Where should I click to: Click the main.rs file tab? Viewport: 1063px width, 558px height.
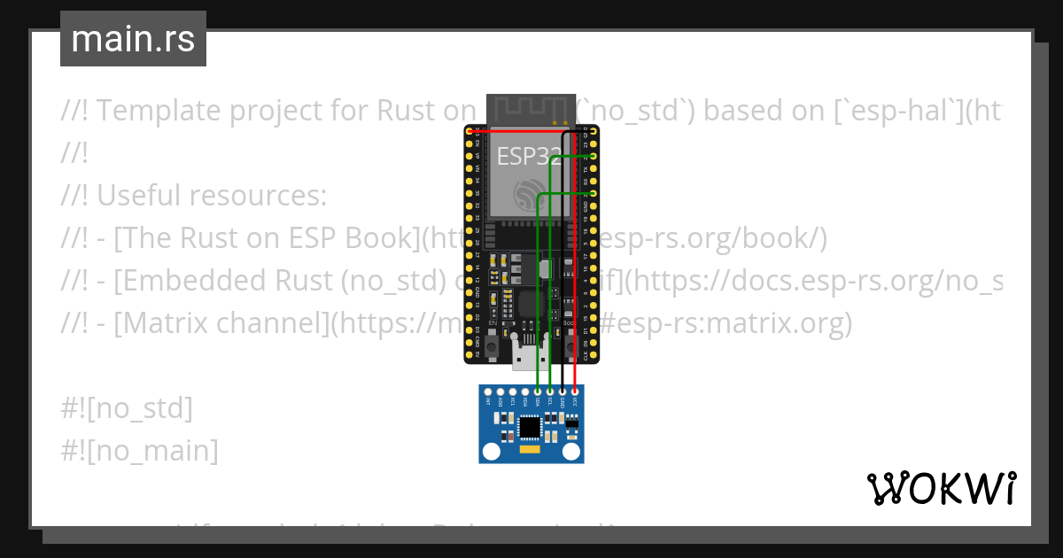[133, 39]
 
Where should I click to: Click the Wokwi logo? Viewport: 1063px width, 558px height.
[941, 488]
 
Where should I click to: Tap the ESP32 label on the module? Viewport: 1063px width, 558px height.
[529, 157]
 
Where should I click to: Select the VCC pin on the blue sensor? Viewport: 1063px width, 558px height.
[576, 391]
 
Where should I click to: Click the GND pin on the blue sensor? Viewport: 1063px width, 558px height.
[563, 391]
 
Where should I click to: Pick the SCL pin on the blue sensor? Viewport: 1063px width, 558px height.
[551, 391]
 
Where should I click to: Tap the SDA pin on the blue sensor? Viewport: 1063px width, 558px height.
[539, 391]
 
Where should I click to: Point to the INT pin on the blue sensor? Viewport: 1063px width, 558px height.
[488, 391]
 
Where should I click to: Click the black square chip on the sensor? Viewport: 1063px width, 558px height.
[531, 427]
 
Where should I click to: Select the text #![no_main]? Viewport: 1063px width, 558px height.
[139, 450]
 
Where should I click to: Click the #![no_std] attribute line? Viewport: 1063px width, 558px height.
[127, 408]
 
